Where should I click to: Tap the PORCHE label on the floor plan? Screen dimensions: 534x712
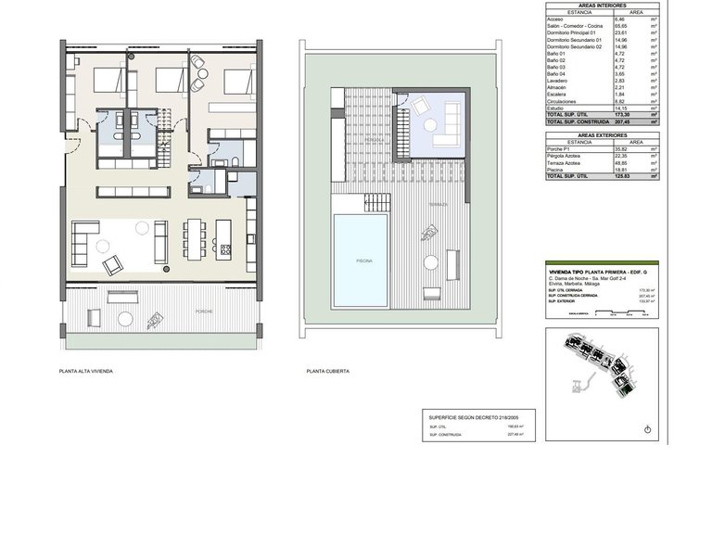tap(203, 311)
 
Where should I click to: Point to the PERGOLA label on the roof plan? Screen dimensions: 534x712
tap(348, 140)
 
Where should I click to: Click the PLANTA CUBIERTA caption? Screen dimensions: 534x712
tap(327, 371)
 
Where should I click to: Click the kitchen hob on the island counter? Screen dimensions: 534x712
tap(224, 246)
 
